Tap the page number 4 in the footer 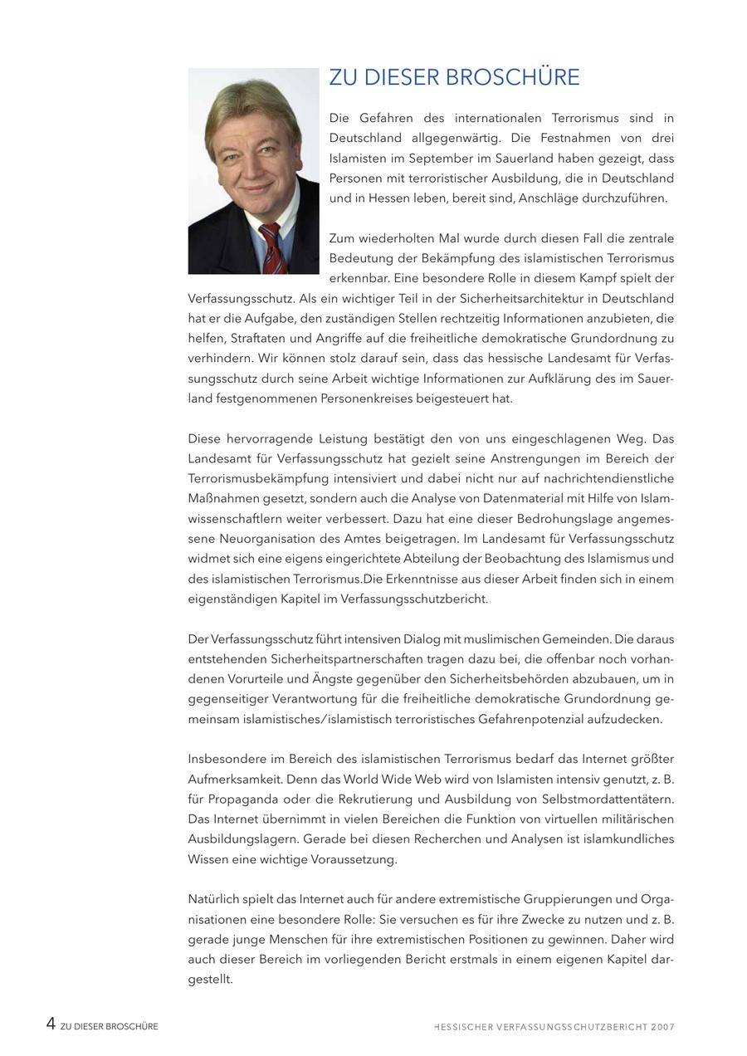(x=51, y=1024)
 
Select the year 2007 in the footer (x=662, y=1027)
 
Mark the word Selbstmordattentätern (x=606, y=799)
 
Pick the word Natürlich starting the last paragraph (x=215, y=899)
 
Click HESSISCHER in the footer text (x=462, y=1027)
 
